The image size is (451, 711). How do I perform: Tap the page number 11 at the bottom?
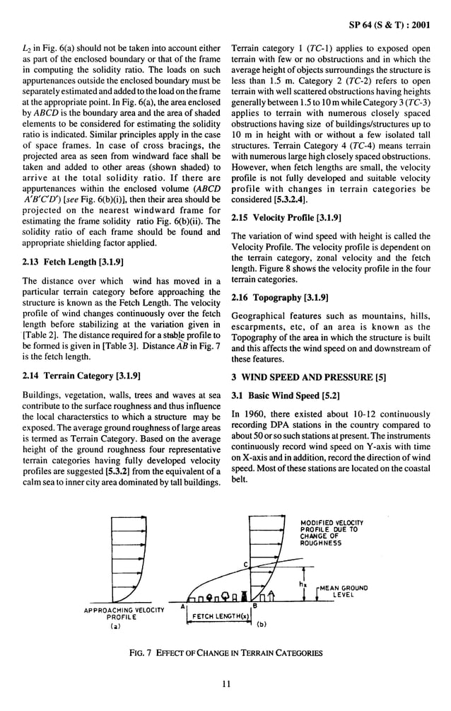click(225, 683)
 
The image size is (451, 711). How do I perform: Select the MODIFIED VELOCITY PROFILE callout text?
click(329, 532)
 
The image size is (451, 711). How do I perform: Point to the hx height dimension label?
click(302, 584)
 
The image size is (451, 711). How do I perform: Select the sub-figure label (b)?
click(260, 624)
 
